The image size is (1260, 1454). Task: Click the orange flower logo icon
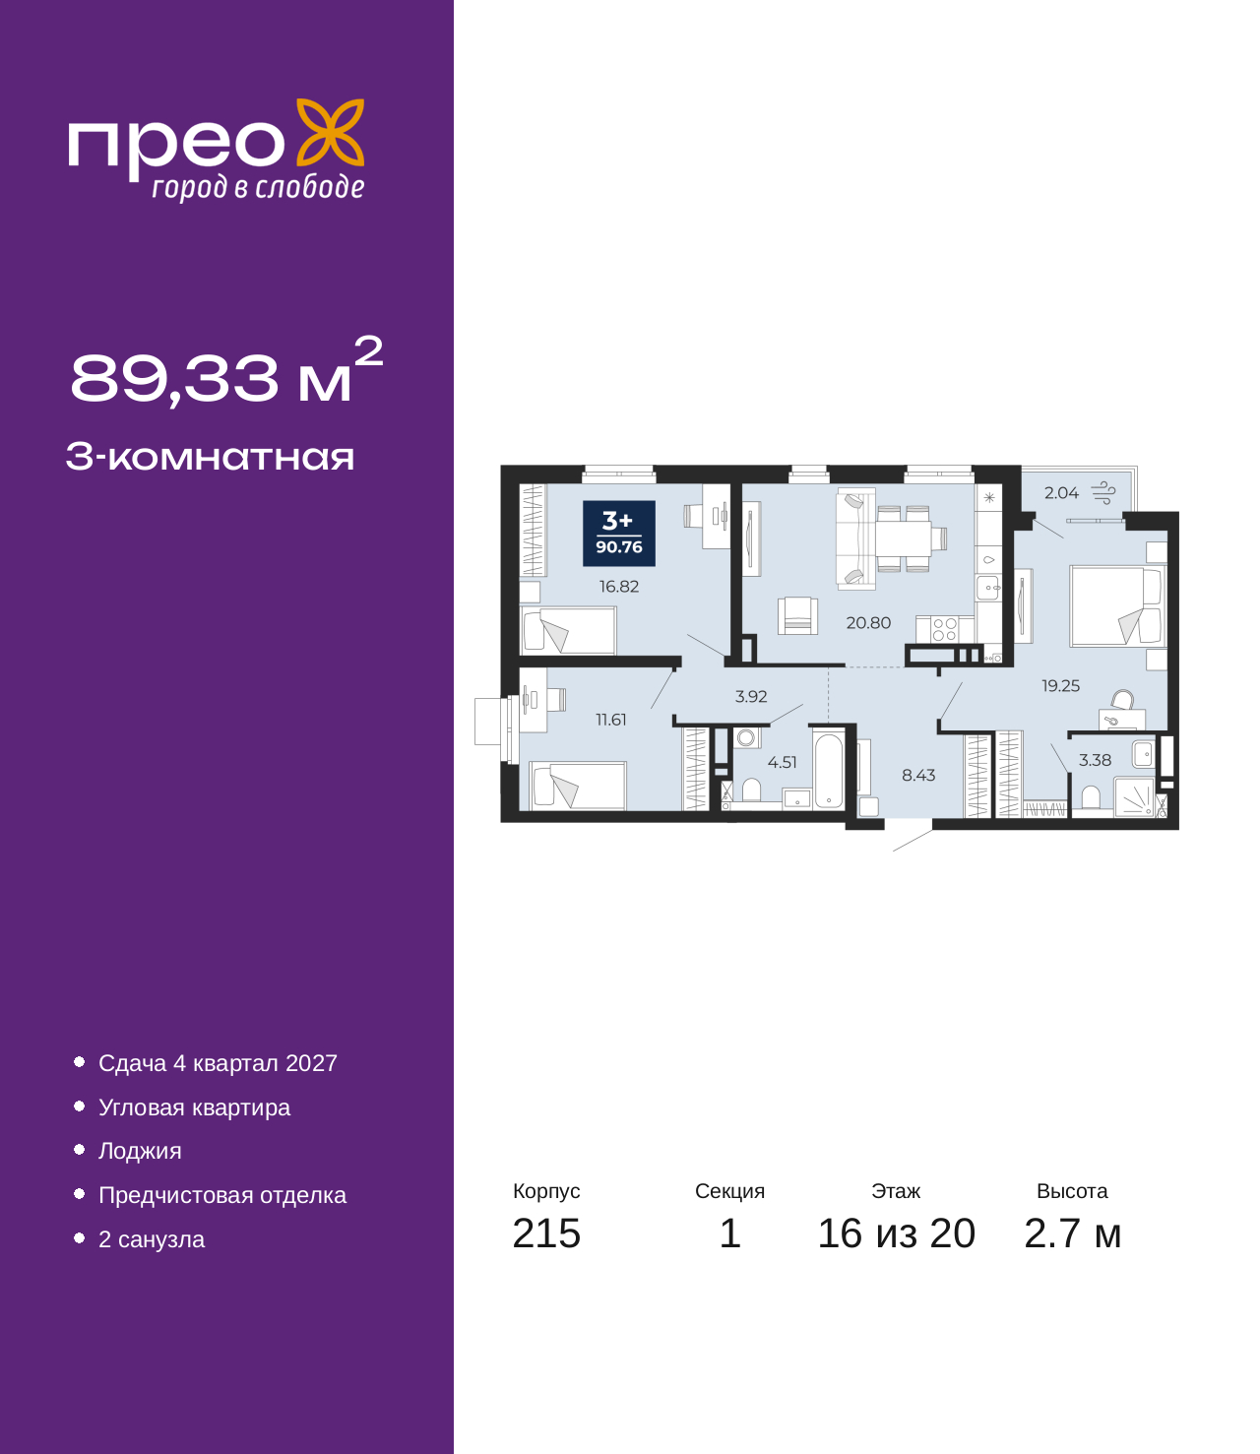click(330, 132)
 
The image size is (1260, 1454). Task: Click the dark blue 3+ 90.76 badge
click(619, 534)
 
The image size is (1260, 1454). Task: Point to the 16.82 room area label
click(619, 586)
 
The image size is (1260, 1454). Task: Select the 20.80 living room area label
click(868, 622)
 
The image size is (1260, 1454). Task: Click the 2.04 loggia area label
click(1061, 493)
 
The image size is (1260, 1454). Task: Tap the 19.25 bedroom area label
click(1060, 685)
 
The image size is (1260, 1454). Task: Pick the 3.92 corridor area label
click(751, 696)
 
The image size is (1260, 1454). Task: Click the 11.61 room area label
click(610, 720)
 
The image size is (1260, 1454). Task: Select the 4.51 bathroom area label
click(782, 763)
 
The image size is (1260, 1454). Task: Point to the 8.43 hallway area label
click(918, 775)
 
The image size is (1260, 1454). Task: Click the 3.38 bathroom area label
click(1095, 760)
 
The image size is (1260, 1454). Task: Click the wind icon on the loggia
click(1103, 492)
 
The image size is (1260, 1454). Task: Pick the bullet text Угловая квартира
click(194, 1107)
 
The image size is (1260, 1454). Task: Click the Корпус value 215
click(546, 1233)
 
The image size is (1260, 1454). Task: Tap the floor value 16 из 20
click(897, 1233)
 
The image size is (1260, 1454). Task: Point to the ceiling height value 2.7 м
click(1072, 1233)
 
